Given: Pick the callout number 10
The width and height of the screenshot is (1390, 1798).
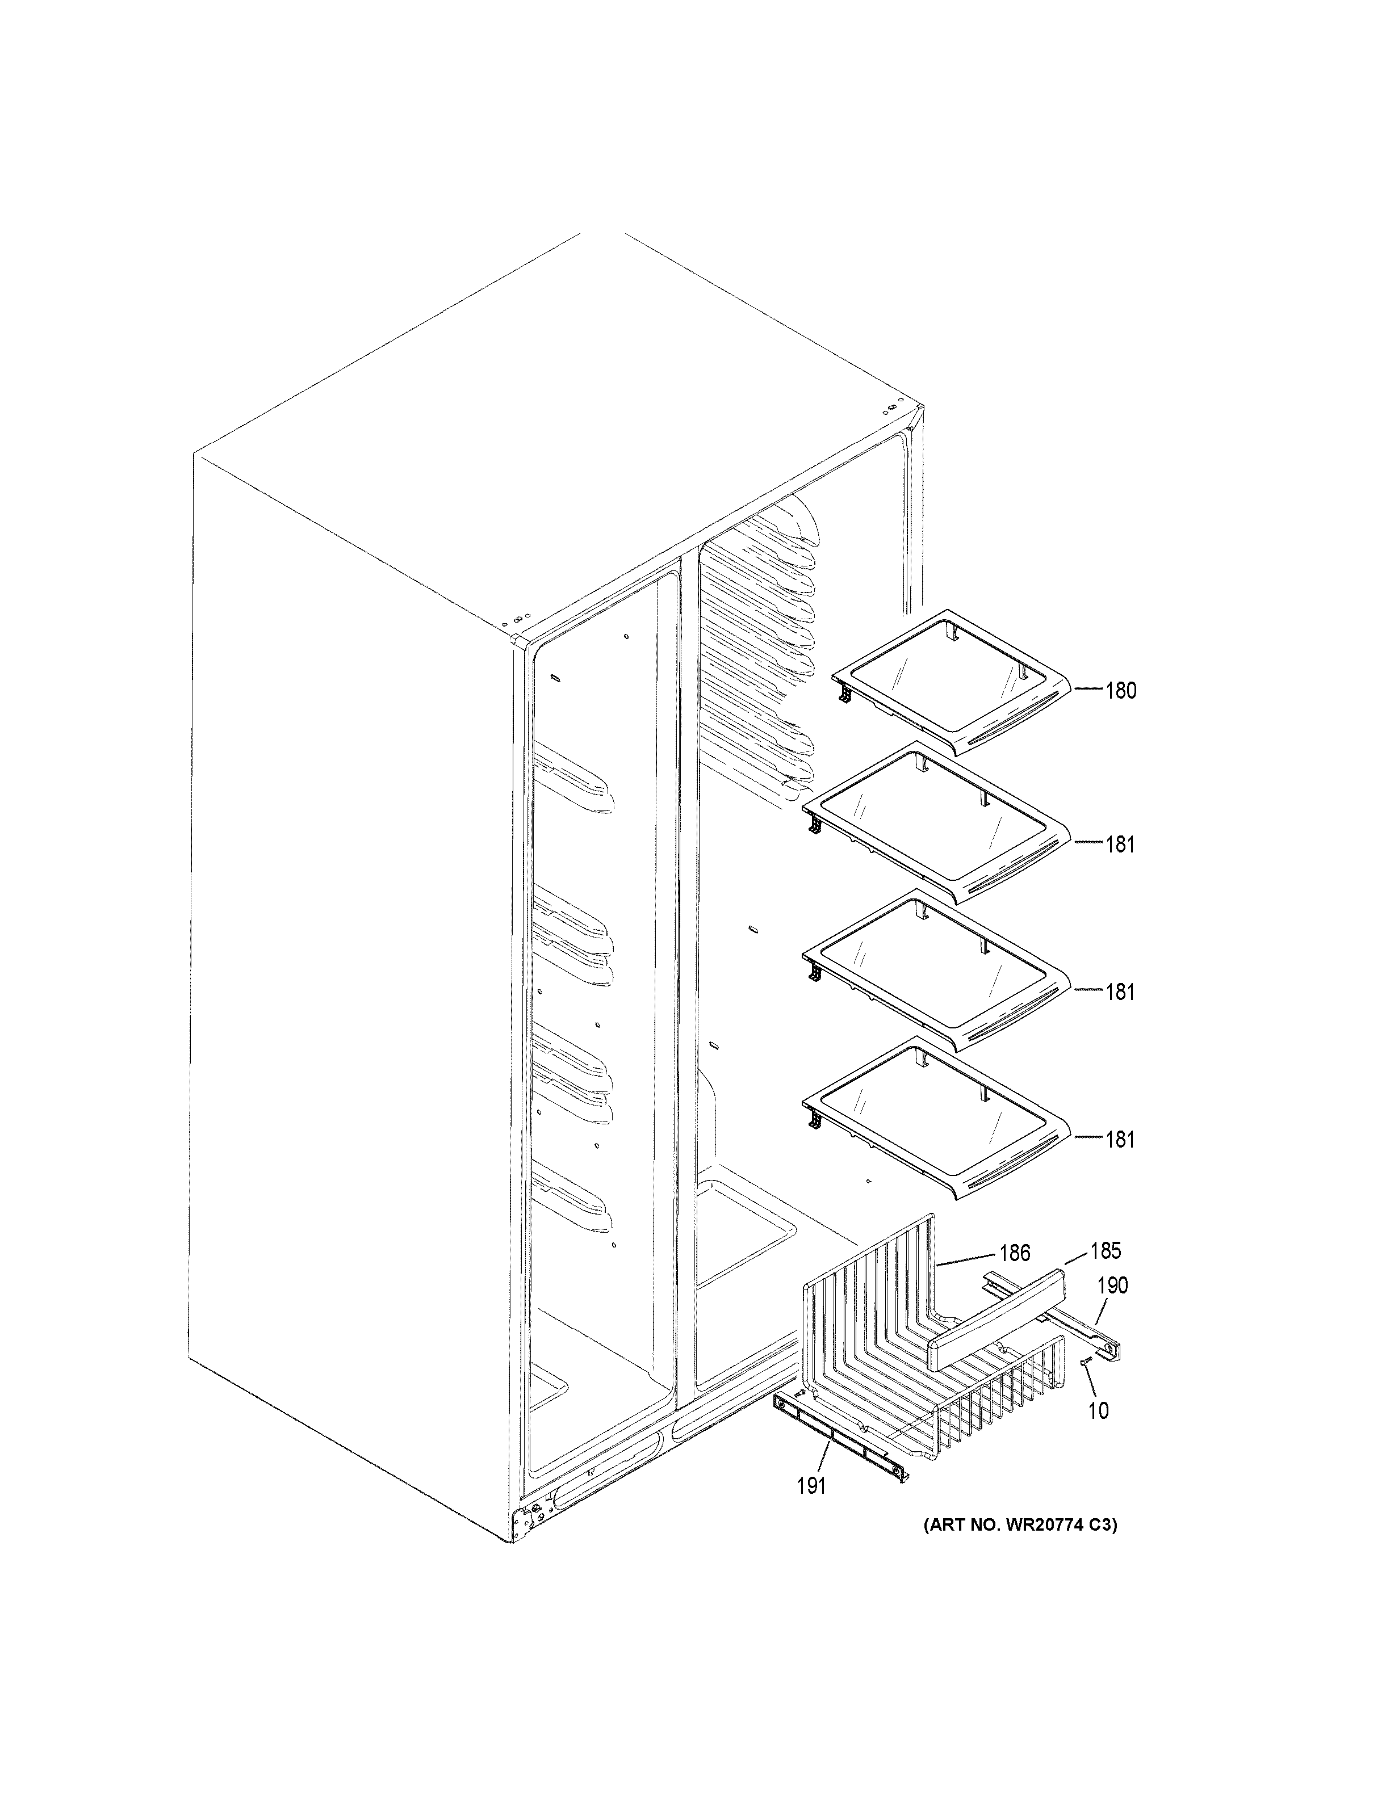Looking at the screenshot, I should pyautogui.click(x=1099, y=1410).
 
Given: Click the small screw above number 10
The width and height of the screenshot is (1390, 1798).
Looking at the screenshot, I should pyautogui.click(x=1085, y=1363).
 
